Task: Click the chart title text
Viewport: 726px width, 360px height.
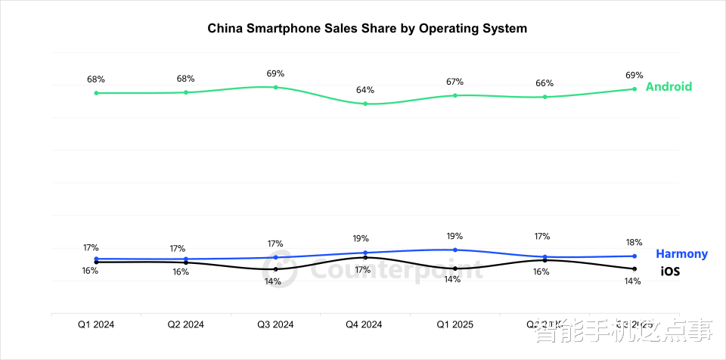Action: point(367,28)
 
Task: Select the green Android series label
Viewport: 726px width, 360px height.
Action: point(669,86)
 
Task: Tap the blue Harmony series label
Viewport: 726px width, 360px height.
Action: point(681,254)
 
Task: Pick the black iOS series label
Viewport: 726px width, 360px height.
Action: point(670,270)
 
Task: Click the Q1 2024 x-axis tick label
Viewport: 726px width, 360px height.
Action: point(96,324)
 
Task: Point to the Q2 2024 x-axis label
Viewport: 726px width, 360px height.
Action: point(185,324)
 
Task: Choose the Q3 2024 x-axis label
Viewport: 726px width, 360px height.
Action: point(275,324)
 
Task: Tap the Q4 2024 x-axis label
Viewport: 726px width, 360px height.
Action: point(365,324)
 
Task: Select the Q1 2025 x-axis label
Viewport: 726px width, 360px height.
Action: point(455,324)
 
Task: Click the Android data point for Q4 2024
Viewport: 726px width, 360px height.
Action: point(365,104)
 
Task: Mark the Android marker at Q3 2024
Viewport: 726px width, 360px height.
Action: point(275,87)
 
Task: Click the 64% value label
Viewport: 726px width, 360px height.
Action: point(365,90)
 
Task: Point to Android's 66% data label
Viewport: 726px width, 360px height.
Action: point(544,83)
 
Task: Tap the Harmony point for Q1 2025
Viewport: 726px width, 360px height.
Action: point(455,250)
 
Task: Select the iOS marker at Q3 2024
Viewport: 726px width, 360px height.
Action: point(275,269)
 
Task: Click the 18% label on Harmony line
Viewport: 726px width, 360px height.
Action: point(634,242)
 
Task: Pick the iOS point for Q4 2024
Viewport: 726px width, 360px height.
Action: point(365,257)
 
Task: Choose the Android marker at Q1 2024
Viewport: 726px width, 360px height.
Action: point(96,93)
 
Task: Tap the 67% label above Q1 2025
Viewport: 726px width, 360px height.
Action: point(455,82)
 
